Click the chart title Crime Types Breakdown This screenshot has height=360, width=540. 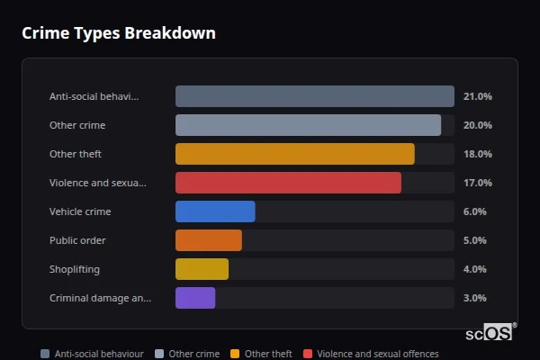[118, 33]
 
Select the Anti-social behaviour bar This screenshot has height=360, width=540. [314, 96]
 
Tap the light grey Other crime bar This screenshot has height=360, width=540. [308, 125]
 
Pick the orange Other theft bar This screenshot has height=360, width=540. [294, 154]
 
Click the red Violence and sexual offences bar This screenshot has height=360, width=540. [288, 183]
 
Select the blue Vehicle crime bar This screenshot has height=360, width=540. [215, 211]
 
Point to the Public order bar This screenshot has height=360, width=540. [208, 240]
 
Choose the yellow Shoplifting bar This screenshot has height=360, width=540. [202, 269]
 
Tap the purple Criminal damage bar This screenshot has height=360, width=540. [195, 298]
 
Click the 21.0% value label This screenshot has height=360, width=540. [477, 96]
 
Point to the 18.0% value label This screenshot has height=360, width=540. [477, 154]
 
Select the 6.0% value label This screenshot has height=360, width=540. [474, 211]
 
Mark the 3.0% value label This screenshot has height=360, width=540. [474, 298]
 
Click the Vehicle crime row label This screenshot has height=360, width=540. [80, 211]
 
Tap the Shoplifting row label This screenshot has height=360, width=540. [75, 269]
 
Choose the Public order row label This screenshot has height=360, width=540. [77, 240]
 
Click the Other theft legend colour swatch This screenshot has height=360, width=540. [236, 354]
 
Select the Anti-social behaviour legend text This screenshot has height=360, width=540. [99, 354]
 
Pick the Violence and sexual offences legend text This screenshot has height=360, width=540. [378, 354]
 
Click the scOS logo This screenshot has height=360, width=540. [490, 332]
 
